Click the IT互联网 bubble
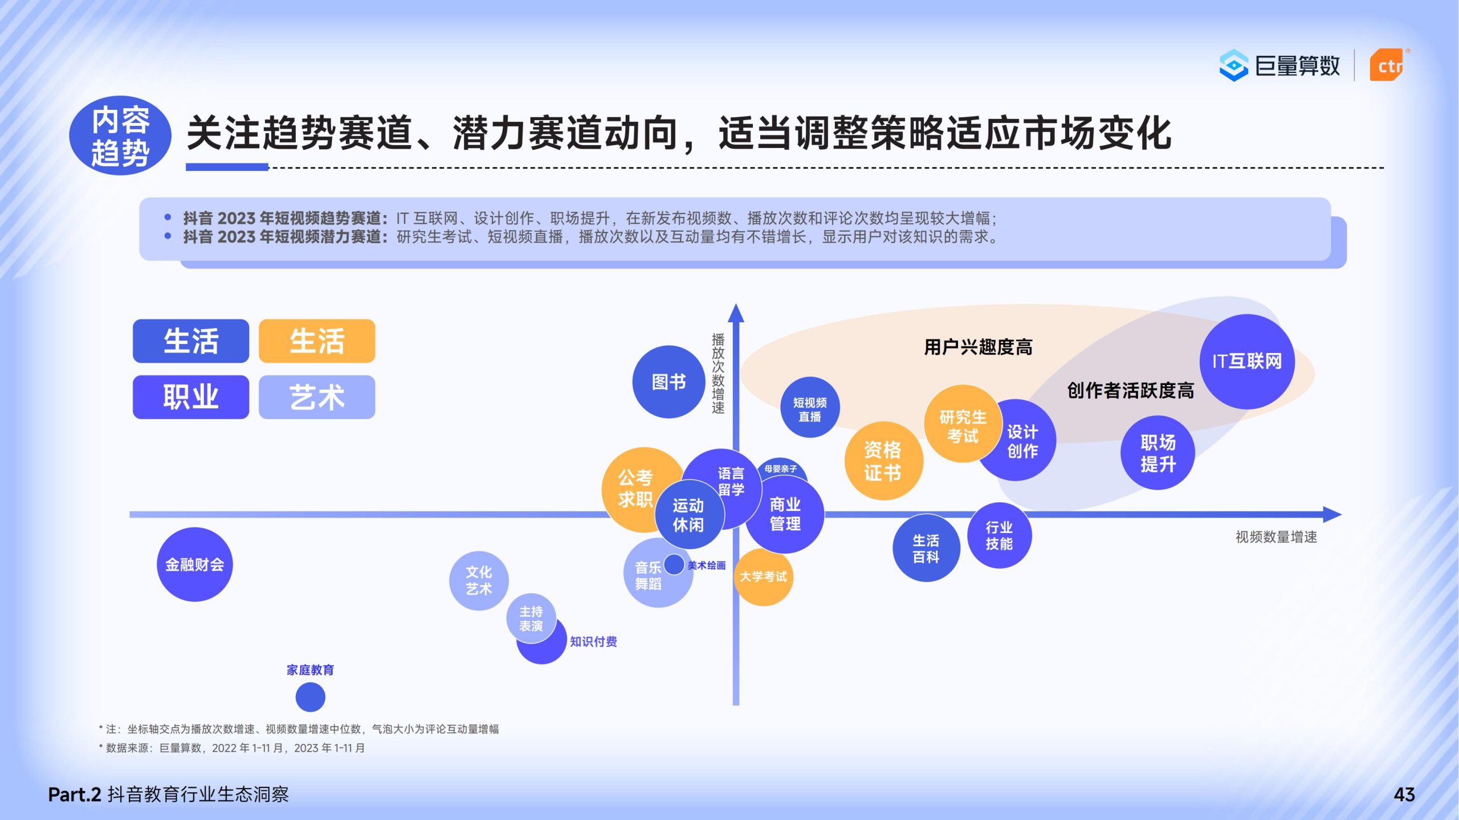click(1246, 361)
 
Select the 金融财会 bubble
click(194, 564)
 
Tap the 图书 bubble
click(669, 382)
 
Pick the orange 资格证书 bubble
click(883, 461)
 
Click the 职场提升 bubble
click(1158, 453)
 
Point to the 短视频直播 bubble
click(809, 407)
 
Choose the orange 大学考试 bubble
click(763, 576)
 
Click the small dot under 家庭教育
click(310, 697)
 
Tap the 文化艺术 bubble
click(479, 580)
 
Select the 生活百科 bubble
click(926, 548)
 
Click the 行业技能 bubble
click(999, 535)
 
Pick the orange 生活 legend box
click(317, 341)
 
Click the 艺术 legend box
click(317, 397)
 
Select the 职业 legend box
click(191, 397)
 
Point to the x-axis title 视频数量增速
click(1276, 537)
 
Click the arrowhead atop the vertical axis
click(736, 313)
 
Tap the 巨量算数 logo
click(1279, 65)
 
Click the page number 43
click(1404, 794)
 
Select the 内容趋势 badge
click(120, 136)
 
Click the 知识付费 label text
click(593, 642)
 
